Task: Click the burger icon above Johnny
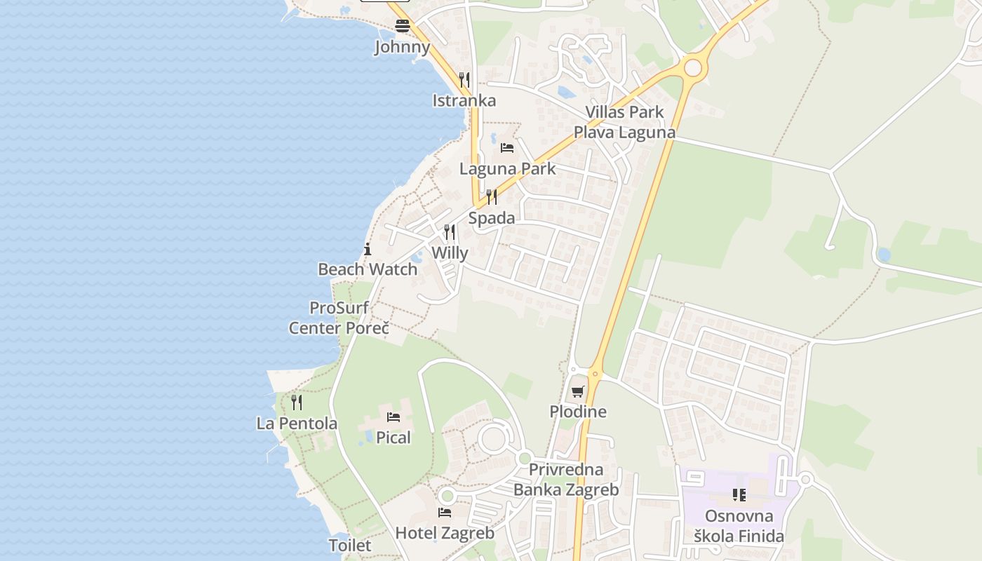pos(402,27)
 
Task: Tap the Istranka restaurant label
pos(464,100)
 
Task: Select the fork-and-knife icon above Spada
pos(492,197)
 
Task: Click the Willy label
pos(450,252)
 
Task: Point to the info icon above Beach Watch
pos(368,249)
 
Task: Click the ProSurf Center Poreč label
pos(339,318)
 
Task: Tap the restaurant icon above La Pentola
pos(297,403)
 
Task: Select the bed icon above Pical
pos(394,417)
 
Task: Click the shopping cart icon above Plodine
pos(577,391)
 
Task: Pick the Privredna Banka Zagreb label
pos(566,480)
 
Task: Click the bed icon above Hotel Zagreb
pos(445,513)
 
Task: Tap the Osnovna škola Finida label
pos(739,527)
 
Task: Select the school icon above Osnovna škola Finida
pos(739,496)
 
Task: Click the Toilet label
pos(350,545)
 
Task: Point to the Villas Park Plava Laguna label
pos(624,122)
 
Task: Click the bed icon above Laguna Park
pos(507,148)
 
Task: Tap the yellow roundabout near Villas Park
pos(692,67)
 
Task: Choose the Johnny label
pos(402,47)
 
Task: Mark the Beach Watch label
pos(368,269)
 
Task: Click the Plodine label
pos(577,412)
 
